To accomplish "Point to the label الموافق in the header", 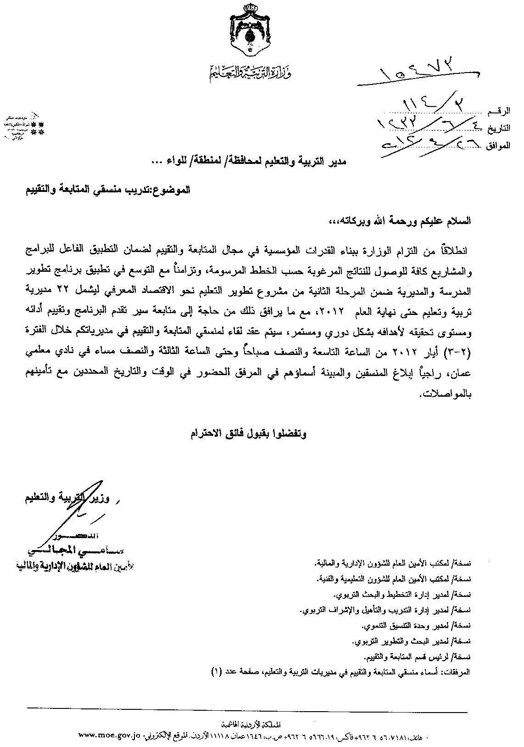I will coord(497,146).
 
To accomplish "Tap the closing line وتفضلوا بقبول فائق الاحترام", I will coord(248,433).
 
